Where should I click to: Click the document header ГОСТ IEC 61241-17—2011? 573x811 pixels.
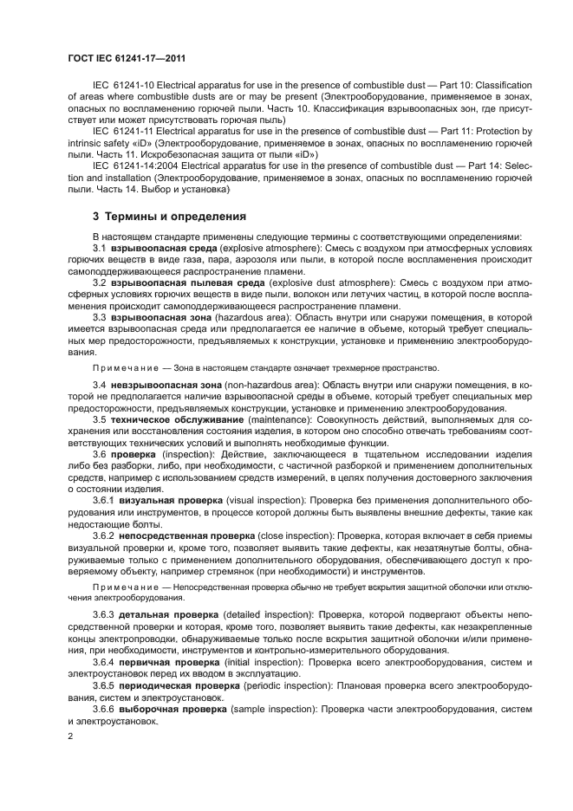pyautogui.click(x=127, y=58)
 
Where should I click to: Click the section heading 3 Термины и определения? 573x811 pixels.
pyautogui.click(x=157, y=216)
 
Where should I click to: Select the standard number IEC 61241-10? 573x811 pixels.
pyautogui.click(x=121, y=87)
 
